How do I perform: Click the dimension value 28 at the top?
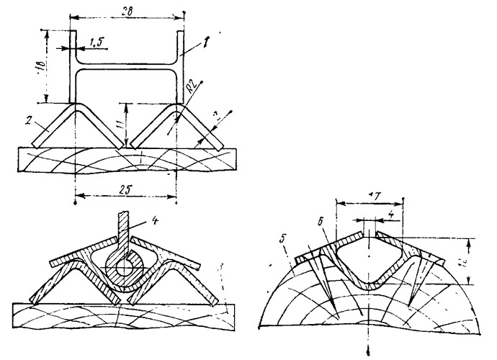point(127,6)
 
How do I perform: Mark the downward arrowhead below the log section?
point(369,352)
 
